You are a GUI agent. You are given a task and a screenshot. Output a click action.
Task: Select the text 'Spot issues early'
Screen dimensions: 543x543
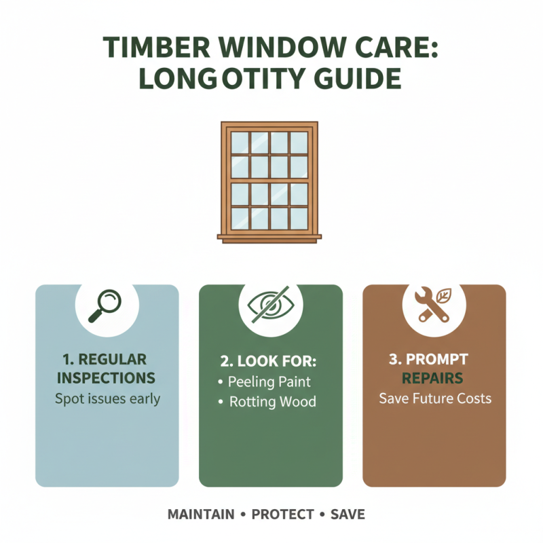pos(107,398)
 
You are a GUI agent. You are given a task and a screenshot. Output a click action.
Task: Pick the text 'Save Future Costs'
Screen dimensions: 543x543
pos(434,398)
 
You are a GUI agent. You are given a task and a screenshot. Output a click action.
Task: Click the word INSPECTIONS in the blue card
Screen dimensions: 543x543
pos(107,377)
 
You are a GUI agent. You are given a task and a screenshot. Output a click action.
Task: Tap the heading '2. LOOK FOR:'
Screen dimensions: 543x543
pos(270,359)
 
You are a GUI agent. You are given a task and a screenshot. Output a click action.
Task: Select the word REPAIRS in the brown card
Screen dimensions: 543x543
pos(432,377)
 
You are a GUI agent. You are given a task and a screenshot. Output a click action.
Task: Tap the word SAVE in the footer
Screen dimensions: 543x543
pos(348,514)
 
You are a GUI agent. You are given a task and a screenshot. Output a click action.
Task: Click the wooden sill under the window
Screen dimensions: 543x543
pos(269,236)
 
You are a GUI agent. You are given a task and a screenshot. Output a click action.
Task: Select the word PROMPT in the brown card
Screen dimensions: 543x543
pos(442,358)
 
